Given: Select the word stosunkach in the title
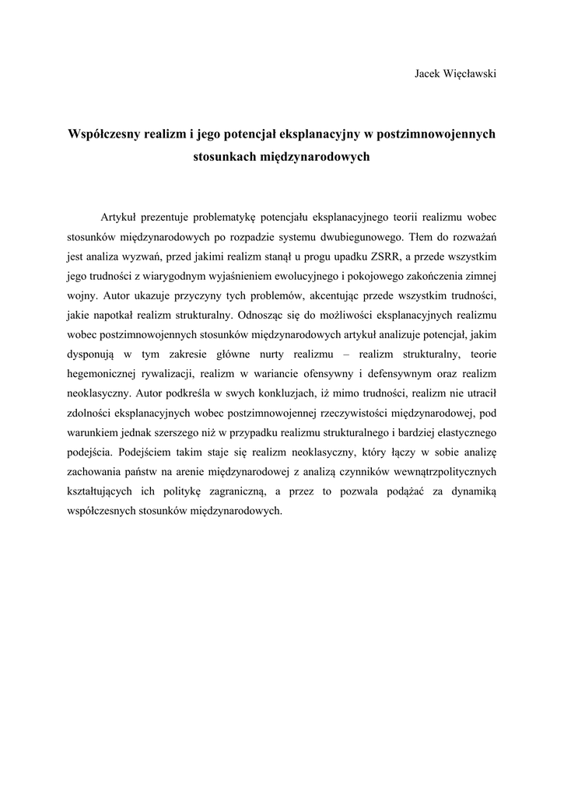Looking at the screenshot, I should click(224, 156).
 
